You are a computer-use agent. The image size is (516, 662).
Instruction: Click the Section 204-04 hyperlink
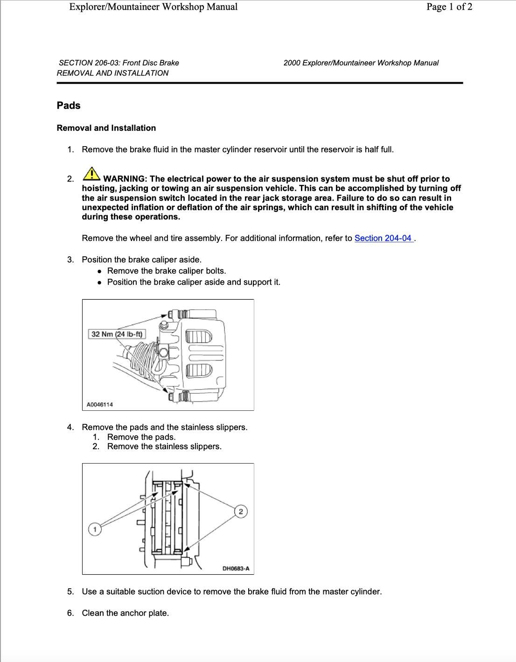point(383,238)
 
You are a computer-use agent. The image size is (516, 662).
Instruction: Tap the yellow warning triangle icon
point(91,174)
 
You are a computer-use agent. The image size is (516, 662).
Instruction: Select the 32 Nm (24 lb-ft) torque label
point(117,334)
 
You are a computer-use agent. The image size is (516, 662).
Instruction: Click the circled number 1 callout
point(95,529)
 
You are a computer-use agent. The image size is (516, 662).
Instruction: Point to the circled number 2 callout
point(240,512)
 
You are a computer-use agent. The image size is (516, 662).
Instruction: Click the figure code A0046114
point(100,404)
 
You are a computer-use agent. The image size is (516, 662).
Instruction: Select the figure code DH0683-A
point(236,568)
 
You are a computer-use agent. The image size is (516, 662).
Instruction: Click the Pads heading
point(69,106)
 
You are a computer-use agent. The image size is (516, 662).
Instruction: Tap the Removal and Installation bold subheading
point(106,128)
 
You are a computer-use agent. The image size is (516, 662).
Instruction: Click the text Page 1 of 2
point(449,7)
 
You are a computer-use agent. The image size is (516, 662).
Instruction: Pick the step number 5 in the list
point(70,592)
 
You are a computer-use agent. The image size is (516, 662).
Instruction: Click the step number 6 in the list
point(70,613)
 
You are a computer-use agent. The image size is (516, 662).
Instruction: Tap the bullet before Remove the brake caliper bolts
point(99,271)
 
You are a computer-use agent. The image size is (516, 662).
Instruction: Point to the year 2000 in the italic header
point(292,63)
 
